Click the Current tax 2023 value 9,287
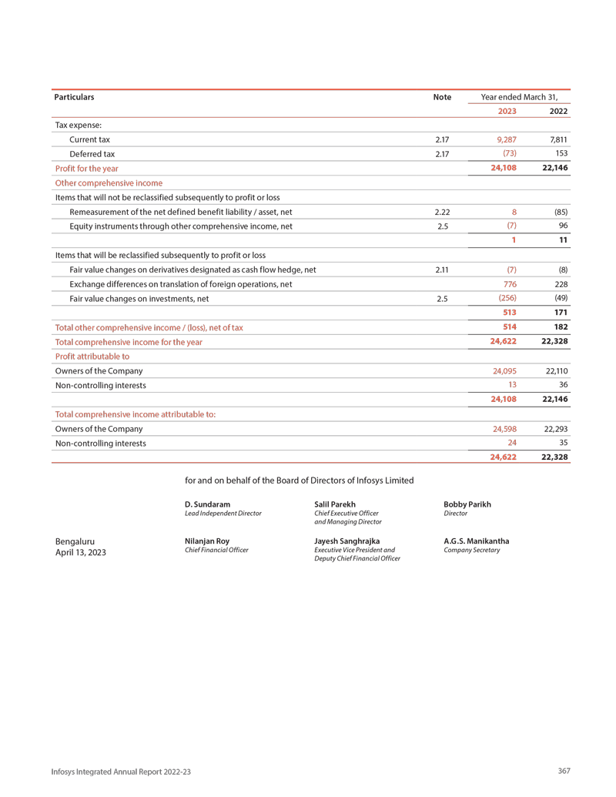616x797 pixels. pyautogui.click(x=504, y=139)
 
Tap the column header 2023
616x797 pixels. pyautogui.click(x=507, y=111)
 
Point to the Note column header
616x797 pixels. pyautogui.click(x=442, y=97)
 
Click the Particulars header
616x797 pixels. pyautogui.click(x=74, y=97)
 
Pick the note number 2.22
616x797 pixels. pyautogui.click(x=441, y=212)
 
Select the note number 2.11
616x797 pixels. pyautogui.click(x=441, y=270)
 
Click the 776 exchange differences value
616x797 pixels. pyautogui.click(x=508, y=284)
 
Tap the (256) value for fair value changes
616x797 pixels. pyautogui.click(x=507, y=298)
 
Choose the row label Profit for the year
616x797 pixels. pyautogui.click(x=86, y=168)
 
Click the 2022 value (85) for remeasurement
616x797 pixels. pyautogui.click(x=561, y=212)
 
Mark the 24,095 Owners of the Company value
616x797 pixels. pyautogui.click(x=504, y=371)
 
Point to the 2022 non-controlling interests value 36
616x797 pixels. pyautogui.click(x=563, y=385)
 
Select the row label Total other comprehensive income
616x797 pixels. pyautogui.click(x=149, y=327)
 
